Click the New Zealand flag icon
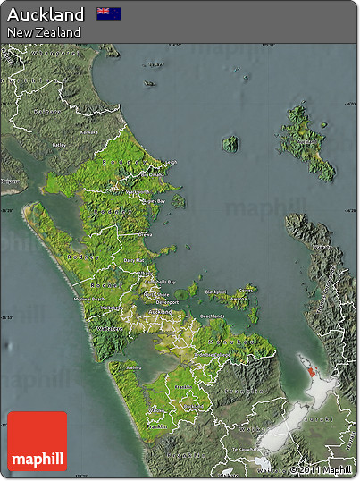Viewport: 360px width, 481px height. (x=110, y=14)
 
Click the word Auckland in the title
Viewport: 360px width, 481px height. (x=46, y=14)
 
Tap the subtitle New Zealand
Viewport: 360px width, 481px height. (x=44, y=32)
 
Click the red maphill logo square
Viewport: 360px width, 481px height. (x=38, y=441)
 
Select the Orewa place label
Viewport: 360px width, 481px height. (x=145, y=234)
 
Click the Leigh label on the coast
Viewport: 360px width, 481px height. (x=171, y=162)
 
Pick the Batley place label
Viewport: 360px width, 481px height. (x=60, y=144)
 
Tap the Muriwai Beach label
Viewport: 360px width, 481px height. (x=89, y=298)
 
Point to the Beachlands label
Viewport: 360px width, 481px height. (x=212, y=316)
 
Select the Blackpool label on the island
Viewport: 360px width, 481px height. (x=215, y=291)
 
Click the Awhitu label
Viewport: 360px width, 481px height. (x=134, y=367)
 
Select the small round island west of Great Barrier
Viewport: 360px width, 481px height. (x=230, y=143)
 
